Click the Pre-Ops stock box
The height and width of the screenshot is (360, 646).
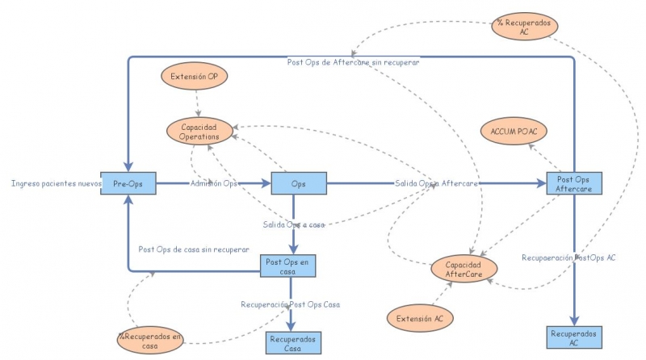[x=128, y=183]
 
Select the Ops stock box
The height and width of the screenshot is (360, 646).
[x=298, y=183]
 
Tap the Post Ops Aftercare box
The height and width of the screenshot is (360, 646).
[x=573, y=183]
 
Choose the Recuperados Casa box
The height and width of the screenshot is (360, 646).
[x=293, y=342]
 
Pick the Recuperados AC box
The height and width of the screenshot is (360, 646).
[x=573, y=337]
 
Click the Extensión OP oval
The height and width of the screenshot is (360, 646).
[x=194, y=77]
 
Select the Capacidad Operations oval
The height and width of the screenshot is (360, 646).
[x=199, y=131]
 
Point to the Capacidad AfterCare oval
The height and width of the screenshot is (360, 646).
[x=464, y=270]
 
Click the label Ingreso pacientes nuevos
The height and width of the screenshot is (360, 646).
[x=55, y=183]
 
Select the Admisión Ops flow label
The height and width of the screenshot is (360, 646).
[x=213, y=183]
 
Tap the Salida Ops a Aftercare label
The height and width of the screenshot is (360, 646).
[x=436, y=183]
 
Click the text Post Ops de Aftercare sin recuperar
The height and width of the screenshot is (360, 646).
[x=354, y=62]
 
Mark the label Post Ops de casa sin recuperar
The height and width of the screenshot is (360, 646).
[x=193, y=249]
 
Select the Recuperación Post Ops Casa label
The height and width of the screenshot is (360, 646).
[x=291, y=304]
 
